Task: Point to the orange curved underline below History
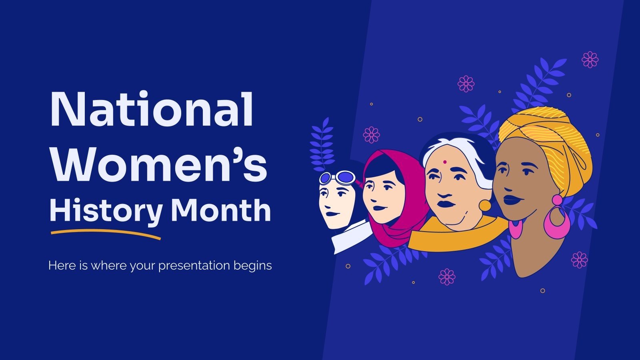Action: tap(106, 233)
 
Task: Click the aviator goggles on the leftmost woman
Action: tap(338, 177)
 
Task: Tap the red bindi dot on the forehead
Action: tap(444, 163)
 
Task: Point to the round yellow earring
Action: tap(485, 205)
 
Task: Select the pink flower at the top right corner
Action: tap(590, 60)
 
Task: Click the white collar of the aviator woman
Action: tap(352, 238)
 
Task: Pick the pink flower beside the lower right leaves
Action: tap(579, 260)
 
